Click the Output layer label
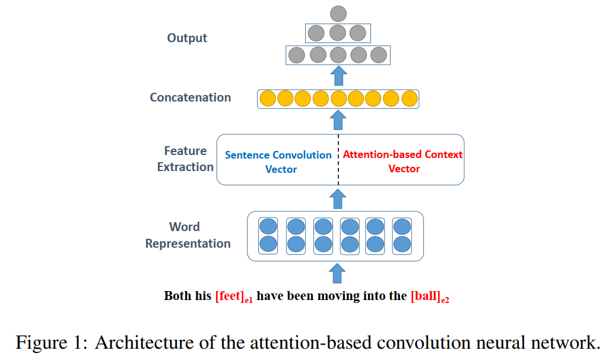pyautogui.click(x=187, y=38)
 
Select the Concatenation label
pyautogui.click(x=190, y=97)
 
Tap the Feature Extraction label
pyautogui.click(x=185, y=159)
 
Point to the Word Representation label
pyautogui.click(x=188, y=235)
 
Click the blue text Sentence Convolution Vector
pyautogui.click(x=278, y=162)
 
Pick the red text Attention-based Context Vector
pyautogui.click(x=403, y=162)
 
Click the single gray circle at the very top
pyautogui.click(x=338, y=14)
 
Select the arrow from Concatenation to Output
pyautogui.click(x=338, y=76)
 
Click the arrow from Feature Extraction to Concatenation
pyautogui.click(x=338, y=120)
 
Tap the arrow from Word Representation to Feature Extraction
pyautogui.click(x=338, y=199)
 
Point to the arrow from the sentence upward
pyautogui.click(x=337, y=273)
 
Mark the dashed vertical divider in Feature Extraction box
pyautogui.click(x=338, y=160)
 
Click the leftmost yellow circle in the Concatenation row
pyautogui.click(x=268, y=99)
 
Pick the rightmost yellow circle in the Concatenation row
pyautogui.click(x=410, y=99)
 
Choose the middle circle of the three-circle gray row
pyautogui.click(x=337, y=33)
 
